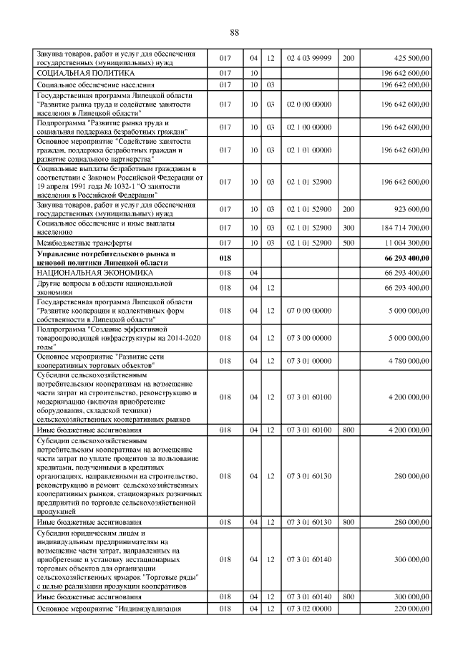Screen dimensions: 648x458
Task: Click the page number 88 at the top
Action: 234,32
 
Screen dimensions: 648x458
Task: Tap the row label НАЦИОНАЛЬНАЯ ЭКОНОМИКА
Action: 80,273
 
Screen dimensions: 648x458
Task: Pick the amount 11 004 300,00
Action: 404,243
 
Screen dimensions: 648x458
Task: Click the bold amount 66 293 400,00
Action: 404,258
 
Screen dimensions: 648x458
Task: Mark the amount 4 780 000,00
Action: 406,361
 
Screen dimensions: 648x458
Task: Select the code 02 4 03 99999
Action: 308,58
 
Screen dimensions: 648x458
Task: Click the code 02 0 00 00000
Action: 308,104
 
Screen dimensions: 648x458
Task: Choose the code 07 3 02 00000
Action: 308,609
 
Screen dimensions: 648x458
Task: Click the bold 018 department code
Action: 225,258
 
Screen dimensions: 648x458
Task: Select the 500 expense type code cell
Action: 349,243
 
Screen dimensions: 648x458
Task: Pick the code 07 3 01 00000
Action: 308,361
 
